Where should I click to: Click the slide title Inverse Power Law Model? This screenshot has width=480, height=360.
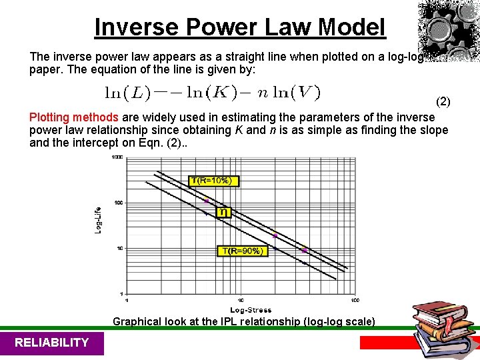[x=240, y=27]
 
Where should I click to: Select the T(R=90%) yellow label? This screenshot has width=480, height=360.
[x=243, y=251]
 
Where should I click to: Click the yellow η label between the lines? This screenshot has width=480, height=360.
[x=223, y=212]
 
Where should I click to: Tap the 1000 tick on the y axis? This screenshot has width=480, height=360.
[x=117, y=157]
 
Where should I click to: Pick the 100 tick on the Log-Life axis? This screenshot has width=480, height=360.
[x=118, y=203]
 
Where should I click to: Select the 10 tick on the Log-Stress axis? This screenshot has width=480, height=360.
[x=241, y=299]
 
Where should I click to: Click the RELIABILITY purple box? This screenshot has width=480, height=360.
[x=51, y=343]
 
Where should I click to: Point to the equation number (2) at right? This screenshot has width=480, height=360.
[x=443, y=102]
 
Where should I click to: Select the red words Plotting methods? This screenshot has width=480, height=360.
[x=74, y=117]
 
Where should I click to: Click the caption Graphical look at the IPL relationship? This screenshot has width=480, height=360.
[x=244, y=321]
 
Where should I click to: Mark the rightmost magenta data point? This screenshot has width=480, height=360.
[x=304, y=251]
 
